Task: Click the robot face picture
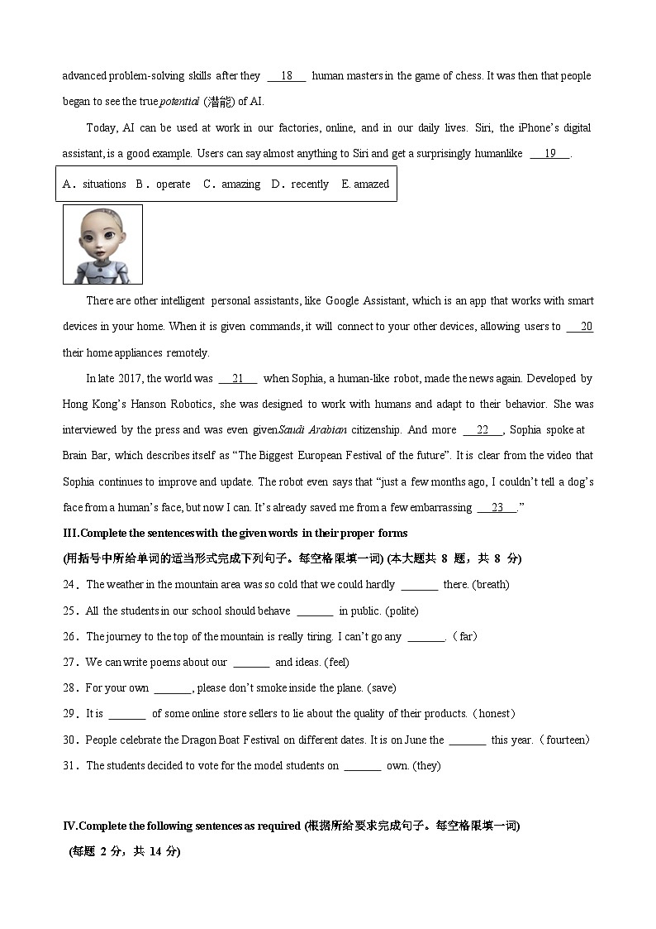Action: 102,244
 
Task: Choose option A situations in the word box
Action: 95,184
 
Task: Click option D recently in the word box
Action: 300,184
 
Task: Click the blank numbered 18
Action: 287,76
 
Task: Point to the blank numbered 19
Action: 549,154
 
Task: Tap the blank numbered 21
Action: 238,379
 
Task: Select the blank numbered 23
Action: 497,508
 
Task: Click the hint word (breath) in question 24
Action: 490,585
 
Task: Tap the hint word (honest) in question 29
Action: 493,714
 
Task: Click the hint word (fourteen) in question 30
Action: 563,740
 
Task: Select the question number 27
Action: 69,663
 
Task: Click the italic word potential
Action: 178,102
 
